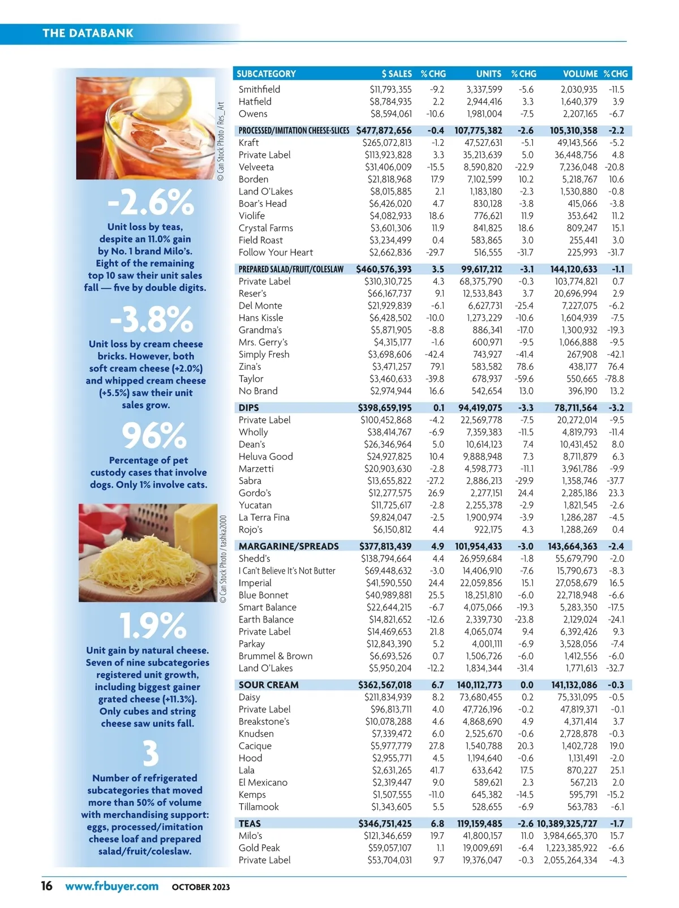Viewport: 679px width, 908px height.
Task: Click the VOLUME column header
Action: point(580,73)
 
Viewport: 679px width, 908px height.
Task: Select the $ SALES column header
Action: point(397,73)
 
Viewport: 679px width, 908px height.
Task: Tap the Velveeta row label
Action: point(256,167)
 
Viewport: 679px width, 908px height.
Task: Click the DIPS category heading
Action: point(249,408)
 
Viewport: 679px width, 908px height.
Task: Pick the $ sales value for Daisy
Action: point(388,697)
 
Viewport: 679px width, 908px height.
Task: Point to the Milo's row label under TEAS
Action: point(250,836)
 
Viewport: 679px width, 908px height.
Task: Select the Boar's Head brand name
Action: point(263,204)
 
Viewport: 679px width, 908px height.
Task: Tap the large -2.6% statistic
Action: point(151,202)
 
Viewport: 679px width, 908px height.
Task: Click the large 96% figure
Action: point(154,436)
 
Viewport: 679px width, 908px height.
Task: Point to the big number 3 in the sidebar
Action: point(150,754)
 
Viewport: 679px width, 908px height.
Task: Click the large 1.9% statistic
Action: point(153,626)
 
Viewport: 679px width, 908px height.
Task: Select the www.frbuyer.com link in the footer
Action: point(111,886)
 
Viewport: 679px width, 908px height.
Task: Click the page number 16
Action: point(46,886)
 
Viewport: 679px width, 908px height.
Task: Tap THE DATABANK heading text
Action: point(88,33)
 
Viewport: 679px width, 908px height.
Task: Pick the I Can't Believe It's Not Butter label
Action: point(287,571)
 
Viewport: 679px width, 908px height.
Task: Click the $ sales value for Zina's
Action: point(391,366)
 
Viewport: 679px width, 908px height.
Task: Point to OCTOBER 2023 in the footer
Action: point(201,887)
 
